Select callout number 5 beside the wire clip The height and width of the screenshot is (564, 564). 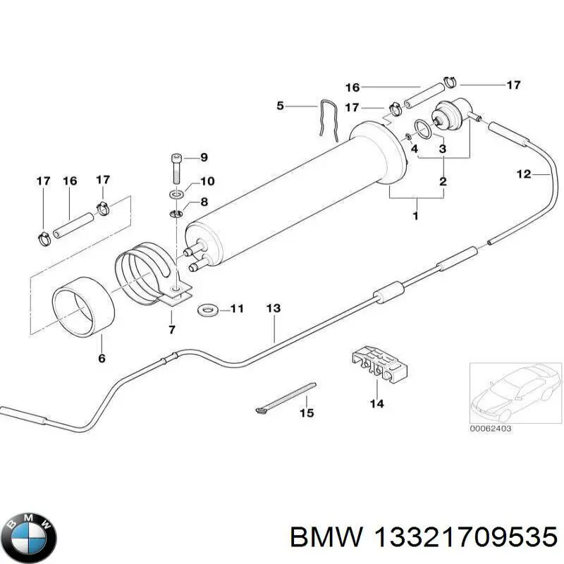[x=280, y=106]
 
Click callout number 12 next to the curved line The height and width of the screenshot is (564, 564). [x=524, y=174]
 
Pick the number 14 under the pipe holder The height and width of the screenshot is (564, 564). [x=376, y=404]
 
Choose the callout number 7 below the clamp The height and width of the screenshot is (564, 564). [x=173, y=330]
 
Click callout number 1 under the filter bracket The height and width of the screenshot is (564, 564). [x=415, y=216]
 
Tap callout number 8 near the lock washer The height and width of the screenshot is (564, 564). [x=204, y=202]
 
